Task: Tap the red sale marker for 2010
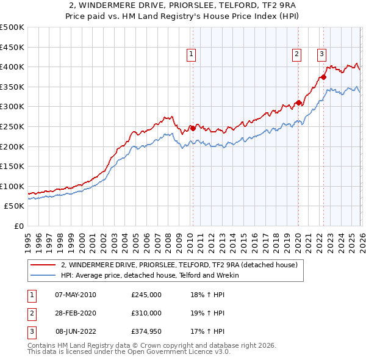[193, 128]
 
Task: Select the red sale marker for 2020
[298, 103]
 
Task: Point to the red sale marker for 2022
[323, 77]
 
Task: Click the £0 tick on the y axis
[18, 226]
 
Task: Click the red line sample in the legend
[42, 265]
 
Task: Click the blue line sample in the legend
[42, 275]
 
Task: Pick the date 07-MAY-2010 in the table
[76, 295]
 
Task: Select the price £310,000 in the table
[146, 313]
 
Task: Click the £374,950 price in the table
[146, 331]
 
